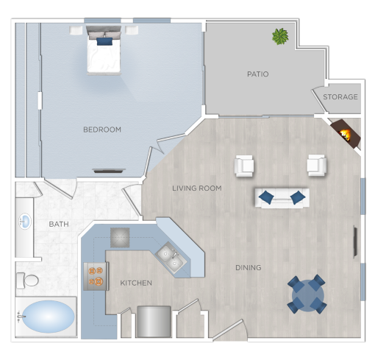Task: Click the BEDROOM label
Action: pos(101,130)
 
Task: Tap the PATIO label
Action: pos(257,74)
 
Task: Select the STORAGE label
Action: pos(340,97)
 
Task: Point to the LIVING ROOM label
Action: pos(196,188)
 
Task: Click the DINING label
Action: pos(248,268)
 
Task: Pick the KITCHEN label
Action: pos(136,283)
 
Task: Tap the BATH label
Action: pos(59,224)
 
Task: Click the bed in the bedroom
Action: pos(104,52)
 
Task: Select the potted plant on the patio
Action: pos(280,36)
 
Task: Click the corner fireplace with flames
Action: pos(344,134)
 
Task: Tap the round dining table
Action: pos(307,294)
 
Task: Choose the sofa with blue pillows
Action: pos(282,197)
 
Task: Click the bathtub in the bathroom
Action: pos(46,317)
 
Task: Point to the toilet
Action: pos(29,280)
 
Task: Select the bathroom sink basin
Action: pos(24,222)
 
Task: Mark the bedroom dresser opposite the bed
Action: pos(109,171)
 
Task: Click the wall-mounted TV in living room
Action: pos(357,240)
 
